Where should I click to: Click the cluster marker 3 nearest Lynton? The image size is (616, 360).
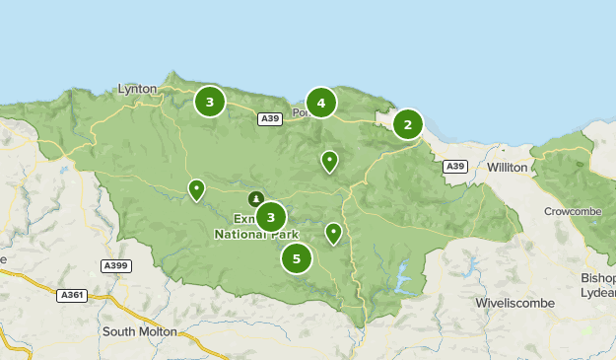(210, 102)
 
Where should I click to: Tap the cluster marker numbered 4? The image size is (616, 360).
(321, 103)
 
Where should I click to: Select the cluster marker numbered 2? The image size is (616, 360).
(407, 124)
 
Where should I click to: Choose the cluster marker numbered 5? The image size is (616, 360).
(296, 258)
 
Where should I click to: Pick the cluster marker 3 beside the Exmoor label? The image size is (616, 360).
(271, 217)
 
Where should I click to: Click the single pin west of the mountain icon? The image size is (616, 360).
(197, 188)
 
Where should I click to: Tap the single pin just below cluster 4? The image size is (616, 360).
(329, 160)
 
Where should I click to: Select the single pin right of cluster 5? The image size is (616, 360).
(333, 233)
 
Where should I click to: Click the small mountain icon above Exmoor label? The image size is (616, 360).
(256, 198)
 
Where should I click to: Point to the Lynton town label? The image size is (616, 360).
(137, 89)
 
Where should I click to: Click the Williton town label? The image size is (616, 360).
(508, 168)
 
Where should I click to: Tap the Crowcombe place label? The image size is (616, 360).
(572, 212)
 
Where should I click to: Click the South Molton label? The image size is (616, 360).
(140, 331)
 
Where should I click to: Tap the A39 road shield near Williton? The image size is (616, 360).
(454, 167)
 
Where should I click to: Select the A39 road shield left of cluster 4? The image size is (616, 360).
(270, 119)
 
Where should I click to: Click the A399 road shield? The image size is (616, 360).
(115, 265)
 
